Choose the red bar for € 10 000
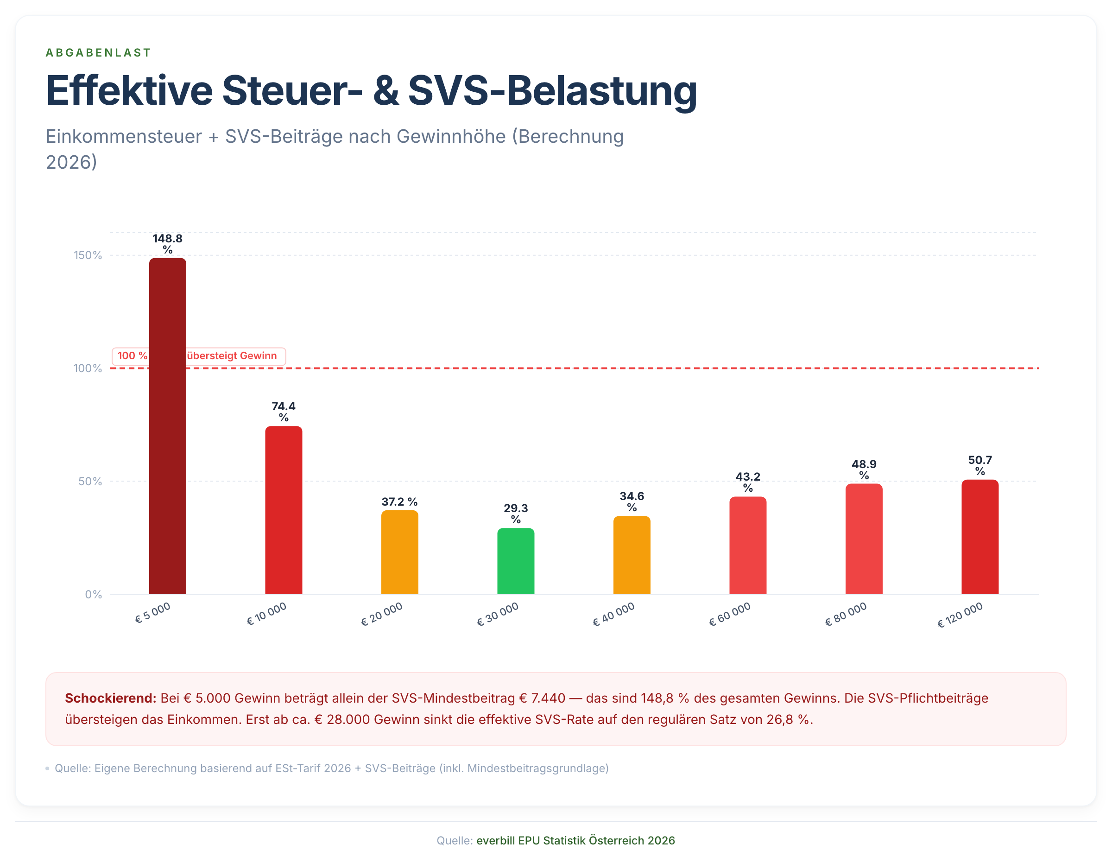[284, 509]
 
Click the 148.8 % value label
[168, 243]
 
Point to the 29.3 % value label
[515, 513]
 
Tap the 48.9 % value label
[864, 469]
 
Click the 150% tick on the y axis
[88, 255]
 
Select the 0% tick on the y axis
[93, 594]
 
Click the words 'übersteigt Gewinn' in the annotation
[232, 355]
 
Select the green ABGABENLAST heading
[98, 52]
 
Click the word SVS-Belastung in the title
[552, 91]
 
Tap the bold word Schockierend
[110, 698]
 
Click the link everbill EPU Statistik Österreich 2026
[575, 840]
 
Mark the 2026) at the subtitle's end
[71, 162]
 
